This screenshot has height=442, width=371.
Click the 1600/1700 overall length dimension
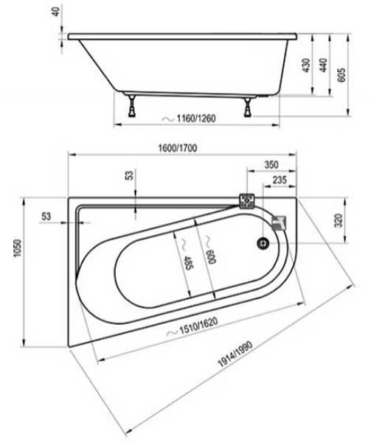coord(178,148)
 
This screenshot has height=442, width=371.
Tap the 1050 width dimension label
coord(18,248)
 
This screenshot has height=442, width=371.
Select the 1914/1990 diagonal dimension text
coord(235,354)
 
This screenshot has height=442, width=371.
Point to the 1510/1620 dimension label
coord(198,326)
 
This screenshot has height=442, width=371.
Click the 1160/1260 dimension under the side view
coord(196,119)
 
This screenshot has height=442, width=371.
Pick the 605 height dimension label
coord(341,74)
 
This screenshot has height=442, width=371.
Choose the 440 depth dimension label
coord(325,65)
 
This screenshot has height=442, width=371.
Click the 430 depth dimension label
coord(306,65)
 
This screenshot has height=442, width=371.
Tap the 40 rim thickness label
coord(56,11)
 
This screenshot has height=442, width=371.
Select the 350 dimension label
coord(271,164)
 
